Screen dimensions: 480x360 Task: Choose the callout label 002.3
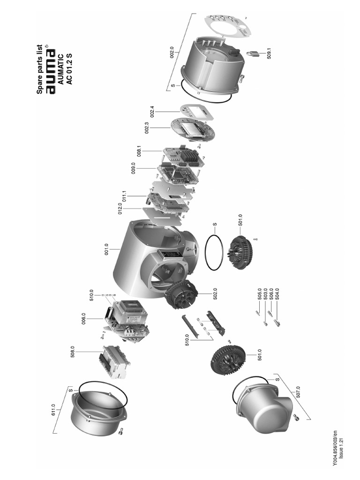(x=147, y=128)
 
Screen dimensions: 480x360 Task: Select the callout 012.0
(x=120, y=209)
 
